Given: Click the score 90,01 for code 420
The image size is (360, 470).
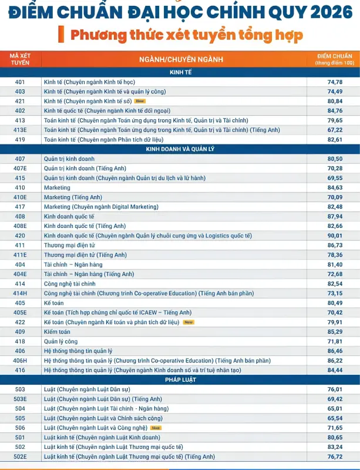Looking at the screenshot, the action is coord(335,236).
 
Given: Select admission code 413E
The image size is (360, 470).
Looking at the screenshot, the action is coord(20,130).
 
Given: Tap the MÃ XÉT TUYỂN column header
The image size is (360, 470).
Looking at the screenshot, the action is coord(20,59).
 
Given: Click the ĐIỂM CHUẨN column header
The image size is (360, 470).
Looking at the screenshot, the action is coord(335,59).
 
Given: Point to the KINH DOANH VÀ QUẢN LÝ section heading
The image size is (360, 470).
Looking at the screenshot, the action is coord(180,149).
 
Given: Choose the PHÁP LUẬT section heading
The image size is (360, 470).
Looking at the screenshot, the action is coord(180,380).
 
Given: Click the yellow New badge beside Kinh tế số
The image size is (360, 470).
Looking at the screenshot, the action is coord(140,101).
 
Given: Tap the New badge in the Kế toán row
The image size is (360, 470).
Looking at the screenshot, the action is coord(189,322).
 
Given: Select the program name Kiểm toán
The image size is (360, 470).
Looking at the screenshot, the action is coord(57,332).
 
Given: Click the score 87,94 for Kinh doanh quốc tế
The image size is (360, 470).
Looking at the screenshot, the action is coord(335,216).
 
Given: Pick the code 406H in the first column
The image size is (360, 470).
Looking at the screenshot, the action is coord(20,361).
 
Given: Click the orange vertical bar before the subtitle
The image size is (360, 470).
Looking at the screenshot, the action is coord(61,34).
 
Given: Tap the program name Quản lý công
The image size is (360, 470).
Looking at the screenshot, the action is coord(61,341).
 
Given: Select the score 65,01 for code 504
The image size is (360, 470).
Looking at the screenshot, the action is coord(335,408).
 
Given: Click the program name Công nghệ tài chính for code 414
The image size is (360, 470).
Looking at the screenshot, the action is coord(69,284).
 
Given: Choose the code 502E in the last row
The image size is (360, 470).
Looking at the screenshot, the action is coord(20,456).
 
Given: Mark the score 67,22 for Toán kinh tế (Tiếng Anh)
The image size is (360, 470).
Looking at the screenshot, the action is coord(335,130).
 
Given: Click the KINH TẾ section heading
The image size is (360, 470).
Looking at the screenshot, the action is coord(180,72).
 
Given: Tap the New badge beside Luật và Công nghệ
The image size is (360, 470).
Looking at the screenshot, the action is coord(156,428).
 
